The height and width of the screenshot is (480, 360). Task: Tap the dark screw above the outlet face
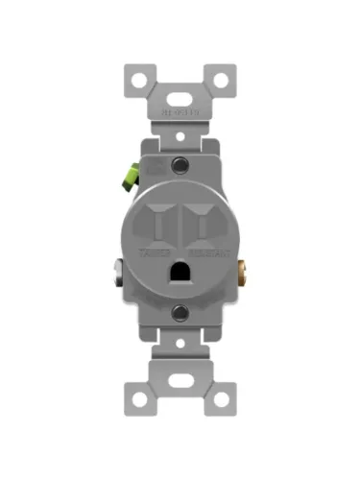click(x=180, y=167)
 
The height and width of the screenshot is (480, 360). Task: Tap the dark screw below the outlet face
click(x=180, y=312)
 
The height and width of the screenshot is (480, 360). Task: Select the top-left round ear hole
click(x=138, y=78)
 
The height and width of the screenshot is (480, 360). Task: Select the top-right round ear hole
click(x=222, y=78)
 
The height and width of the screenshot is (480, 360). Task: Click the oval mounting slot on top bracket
click(x=180, y=98)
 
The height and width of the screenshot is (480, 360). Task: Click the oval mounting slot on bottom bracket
click(x=180, y=382)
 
